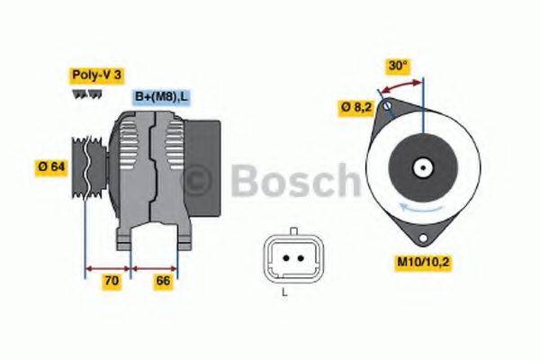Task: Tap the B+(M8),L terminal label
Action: (162, 96)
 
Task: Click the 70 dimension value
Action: (111, 282)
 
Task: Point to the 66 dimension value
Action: (163, 282)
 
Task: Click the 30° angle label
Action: (399, 66)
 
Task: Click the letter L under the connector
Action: (284, 293)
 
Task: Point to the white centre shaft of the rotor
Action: (421, 167)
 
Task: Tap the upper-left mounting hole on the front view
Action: (387, 109)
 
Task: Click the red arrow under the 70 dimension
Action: (109, 267)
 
